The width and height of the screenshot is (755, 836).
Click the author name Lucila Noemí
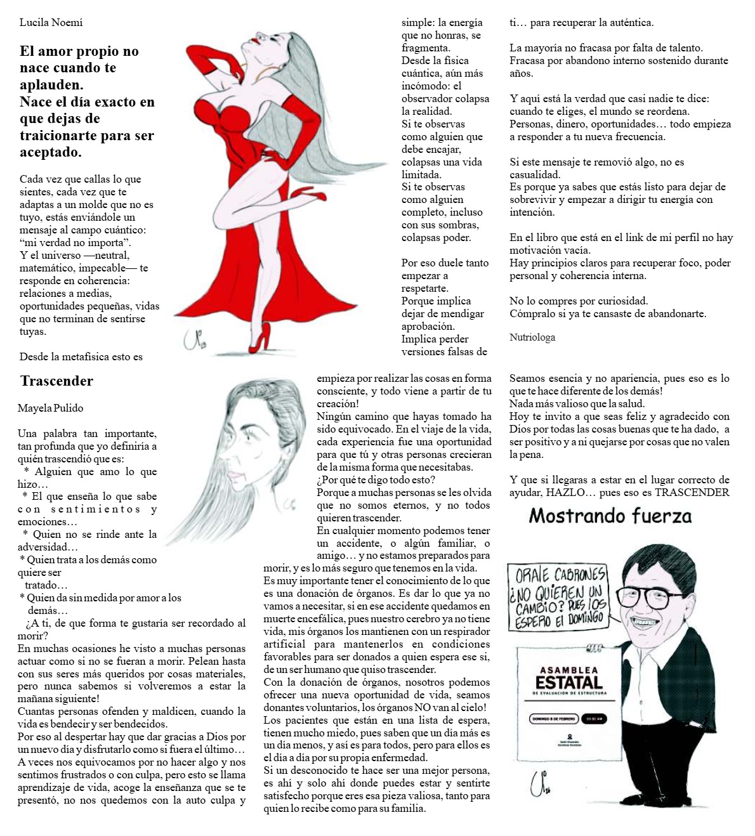click(x=51, y=23)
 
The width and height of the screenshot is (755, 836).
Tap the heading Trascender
click(x=56, y=381)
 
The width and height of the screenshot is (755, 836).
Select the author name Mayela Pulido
click(x=50, y=408)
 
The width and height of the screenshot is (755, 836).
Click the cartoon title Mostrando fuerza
click(x=610, y=516)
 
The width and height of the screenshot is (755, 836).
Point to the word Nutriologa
click(x=532, y=337)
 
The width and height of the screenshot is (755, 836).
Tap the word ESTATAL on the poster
click(x=568, y=683)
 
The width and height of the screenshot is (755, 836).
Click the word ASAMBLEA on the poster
click(x=568, y=670)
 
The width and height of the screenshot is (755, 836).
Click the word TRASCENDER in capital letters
click(x=692, y=493)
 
